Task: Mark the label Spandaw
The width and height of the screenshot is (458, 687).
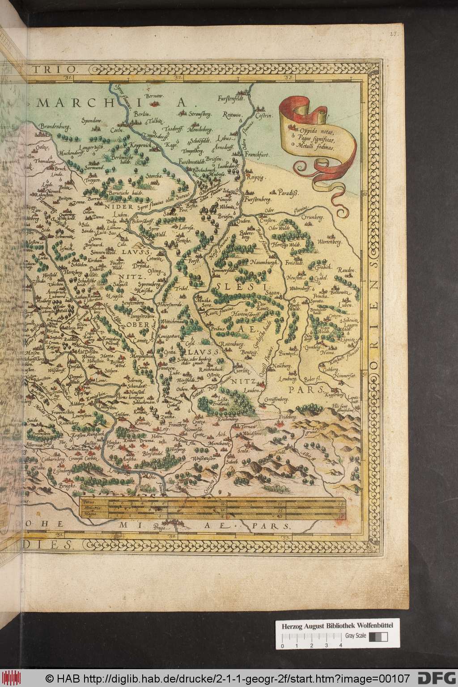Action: (x=91, y=120)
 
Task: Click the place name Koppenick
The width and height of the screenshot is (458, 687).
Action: (x=131, y=146)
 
